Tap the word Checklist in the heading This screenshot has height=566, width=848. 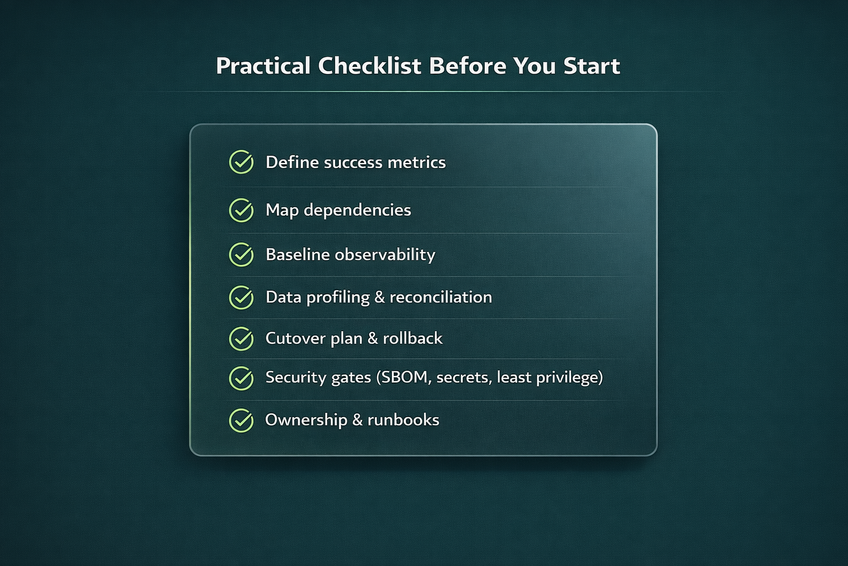pos(369,66)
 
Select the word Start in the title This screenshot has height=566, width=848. pos(591,66)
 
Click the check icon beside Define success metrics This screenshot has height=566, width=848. pos(241,162)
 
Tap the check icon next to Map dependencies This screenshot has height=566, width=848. pos(241,210)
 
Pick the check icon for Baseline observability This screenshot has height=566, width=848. pos(241,254)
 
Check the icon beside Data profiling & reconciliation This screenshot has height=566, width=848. pos(241,297)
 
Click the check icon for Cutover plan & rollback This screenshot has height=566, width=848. pos(241,338)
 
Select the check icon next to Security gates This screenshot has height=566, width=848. pos(241,378)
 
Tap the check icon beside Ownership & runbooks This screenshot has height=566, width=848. pos(241,420)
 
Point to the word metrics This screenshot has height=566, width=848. pos(417,163)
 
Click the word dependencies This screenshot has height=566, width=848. pos(357,211)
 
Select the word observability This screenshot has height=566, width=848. pos(385,255)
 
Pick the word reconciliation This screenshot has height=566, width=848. pos(441,297)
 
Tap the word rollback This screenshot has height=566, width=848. pos(412,338)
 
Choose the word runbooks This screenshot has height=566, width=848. pos(403,420)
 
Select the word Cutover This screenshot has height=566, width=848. pos(295,338)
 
